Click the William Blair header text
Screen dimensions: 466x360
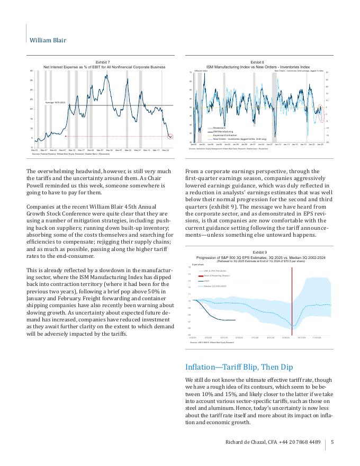click(48, 40)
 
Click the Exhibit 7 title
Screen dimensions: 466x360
click(103, 62)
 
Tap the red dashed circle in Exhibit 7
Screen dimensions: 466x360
click(170, 137)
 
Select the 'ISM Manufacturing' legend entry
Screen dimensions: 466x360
click(224, 131)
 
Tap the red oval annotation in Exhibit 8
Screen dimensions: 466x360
click(322, 114)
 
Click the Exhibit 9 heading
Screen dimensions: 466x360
click(259, 253)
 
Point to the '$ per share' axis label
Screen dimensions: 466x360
click(198, 263)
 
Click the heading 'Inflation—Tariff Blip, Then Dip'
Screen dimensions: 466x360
click(238, 367)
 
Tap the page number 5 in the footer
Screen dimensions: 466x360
click(332, 442)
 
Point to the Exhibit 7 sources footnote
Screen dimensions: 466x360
click(70, 154)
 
